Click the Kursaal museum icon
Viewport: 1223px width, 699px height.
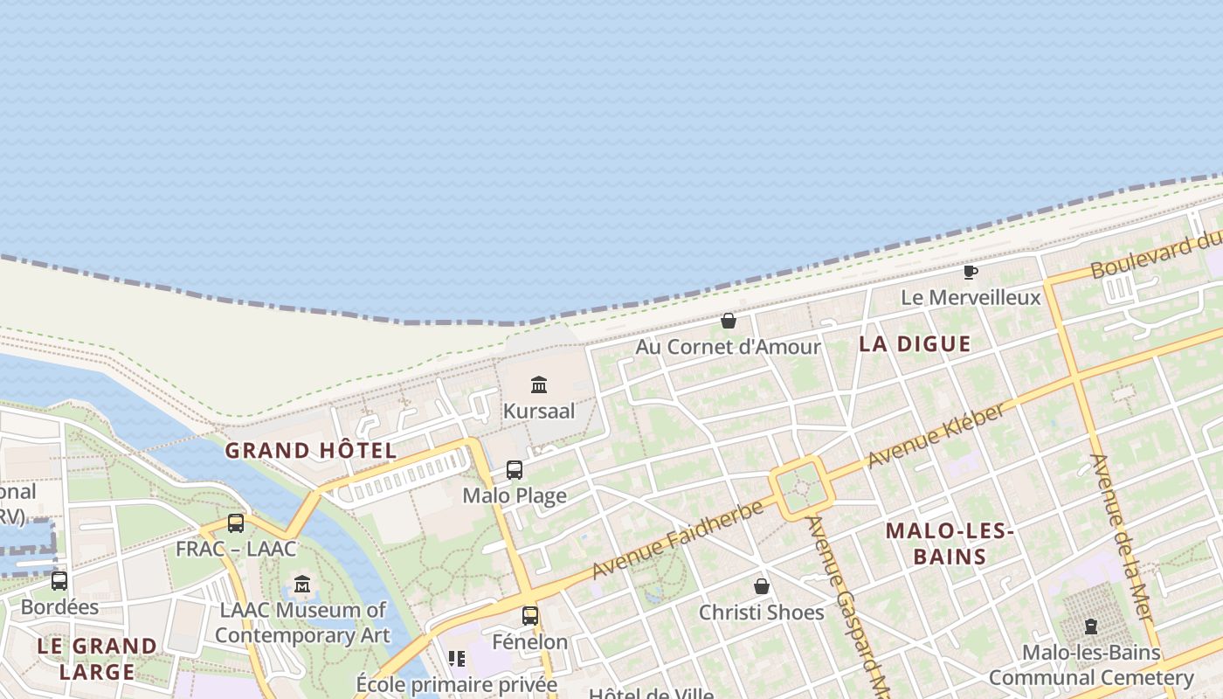[x=539, y=384]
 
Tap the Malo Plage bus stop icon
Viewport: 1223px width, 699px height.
[x=515, y=470]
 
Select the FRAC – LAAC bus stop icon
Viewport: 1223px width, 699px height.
[x=236, y=523]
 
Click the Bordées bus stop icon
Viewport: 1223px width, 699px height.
[x=59, y=581]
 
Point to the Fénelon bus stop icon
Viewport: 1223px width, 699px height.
[x=530, y=616]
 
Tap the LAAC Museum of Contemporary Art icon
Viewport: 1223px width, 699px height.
[x=302, y=584]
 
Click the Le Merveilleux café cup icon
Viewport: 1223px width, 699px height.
[x=971, y=272]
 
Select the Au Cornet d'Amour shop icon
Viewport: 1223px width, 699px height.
[x=729, y=321]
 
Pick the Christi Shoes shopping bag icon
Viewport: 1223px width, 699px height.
[x=762, y=586]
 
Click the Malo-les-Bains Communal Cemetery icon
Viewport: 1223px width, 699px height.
[x=1090, y=626]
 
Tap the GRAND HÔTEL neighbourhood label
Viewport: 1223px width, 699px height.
[x=311, y=451]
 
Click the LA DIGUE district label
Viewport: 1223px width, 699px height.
[x=915, y=343]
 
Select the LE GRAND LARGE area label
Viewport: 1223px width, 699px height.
[x=97, y=659]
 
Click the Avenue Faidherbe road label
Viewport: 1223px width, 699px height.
[x=677, y=540]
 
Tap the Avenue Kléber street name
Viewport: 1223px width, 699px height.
[x=936, y=435]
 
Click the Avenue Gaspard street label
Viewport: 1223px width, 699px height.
[x=845, y=603]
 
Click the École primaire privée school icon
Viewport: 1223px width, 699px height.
[x=457, y=659]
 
